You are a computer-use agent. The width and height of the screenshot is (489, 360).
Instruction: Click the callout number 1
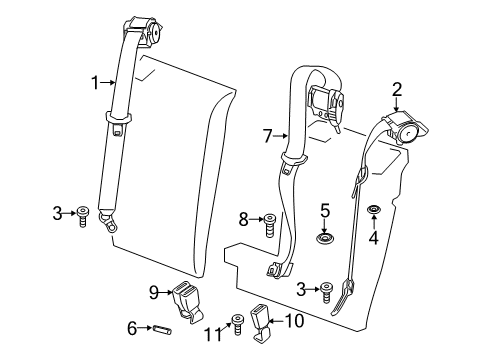tap(95, 82)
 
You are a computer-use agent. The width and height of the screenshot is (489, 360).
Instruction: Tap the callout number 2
tap(397, 90)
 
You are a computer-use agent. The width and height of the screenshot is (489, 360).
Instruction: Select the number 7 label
tap(267, 136)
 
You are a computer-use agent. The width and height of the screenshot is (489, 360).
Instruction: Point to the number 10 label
tap(294, 321)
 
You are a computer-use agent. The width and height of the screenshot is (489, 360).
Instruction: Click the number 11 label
tap(213, 334)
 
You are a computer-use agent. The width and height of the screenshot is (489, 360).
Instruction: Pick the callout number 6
tap(132, 328)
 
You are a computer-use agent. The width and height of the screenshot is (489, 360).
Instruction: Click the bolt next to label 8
tap(269, 225)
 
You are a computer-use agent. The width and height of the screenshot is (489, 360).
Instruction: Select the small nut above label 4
tap(374, 210)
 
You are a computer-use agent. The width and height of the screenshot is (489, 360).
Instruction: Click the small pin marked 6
tap(162, 330)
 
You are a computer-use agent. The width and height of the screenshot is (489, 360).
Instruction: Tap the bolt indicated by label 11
tap(237, 324)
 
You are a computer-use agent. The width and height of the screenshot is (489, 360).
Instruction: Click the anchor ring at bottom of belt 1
tap(108, 221)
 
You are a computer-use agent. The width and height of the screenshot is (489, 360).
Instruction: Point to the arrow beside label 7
tap(280, 136)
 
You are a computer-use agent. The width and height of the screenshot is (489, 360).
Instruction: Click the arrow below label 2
tap(396, 105)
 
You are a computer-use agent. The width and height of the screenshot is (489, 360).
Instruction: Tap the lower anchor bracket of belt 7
tap(279, 269)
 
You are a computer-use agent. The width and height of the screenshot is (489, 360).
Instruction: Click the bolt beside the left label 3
tap(82, 217)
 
